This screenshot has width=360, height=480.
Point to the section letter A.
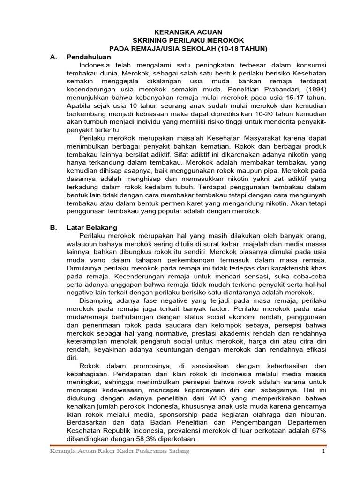53,57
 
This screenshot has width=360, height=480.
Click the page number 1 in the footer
322,451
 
